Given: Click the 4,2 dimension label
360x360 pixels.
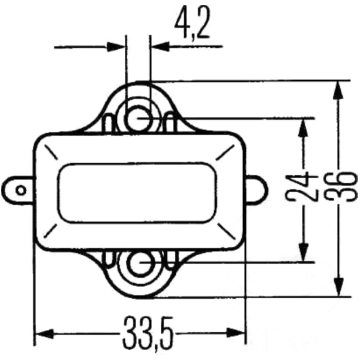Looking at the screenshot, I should [x=192, y=24].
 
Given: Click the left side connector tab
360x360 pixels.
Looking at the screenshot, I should [x=19, y=191].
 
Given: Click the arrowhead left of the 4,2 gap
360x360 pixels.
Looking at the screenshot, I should [x=116, y=46].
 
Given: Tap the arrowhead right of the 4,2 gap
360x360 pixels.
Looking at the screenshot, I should [x=160, y=46].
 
